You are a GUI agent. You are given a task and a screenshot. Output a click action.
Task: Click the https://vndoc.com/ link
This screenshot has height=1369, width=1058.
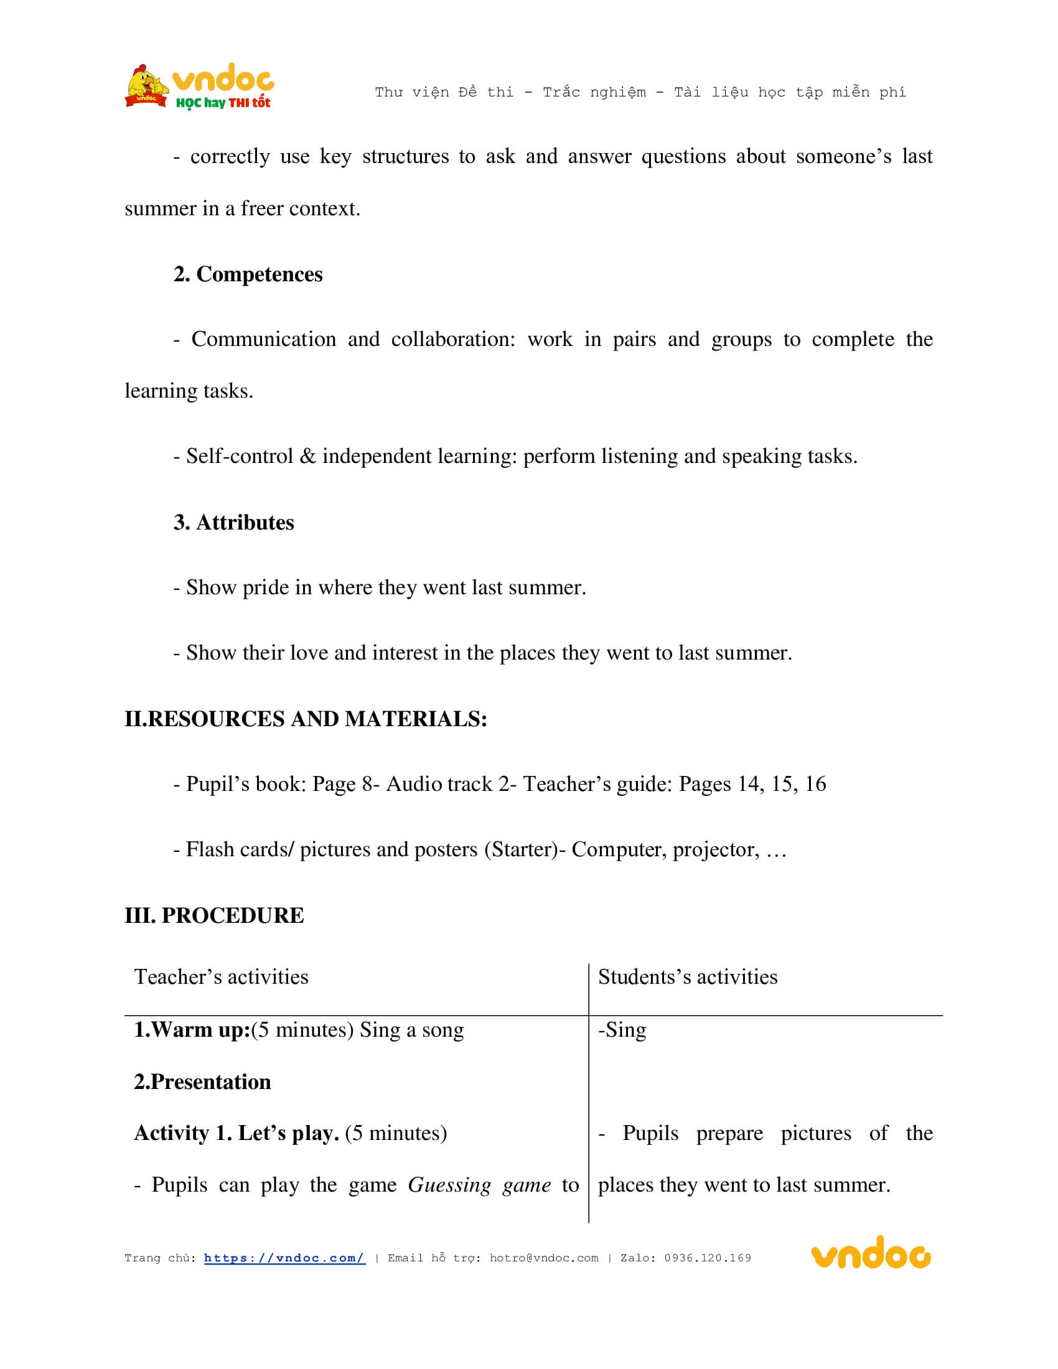coord(284,1258)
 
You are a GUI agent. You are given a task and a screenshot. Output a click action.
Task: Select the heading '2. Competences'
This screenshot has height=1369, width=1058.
coord(248,274)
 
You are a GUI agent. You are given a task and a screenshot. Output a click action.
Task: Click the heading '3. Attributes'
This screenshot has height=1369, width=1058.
coord(234,523)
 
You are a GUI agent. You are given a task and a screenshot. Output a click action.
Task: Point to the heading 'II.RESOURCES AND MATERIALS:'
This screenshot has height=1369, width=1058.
coord(306,719)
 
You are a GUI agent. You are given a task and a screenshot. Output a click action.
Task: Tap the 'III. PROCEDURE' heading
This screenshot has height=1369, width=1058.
coord(214,916)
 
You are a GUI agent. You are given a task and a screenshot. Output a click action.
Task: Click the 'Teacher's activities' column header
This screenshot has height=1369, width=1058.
coord(222,977)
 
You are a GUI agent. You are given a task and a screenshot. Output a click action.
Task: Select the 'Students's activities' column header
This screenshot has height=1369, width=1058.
coord(688,977)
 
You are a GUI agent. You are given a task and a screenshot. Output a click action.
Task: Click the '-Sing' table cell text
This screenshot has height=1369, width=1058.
coord(622,1030)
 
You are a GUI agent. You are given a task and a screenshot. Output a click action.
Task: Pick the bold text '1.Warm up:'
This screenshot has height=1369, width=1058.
coord(192,1030)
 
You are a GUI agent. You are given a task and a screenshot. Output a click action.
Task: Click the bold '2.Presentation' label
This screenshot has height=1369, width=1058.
coord(202,1082)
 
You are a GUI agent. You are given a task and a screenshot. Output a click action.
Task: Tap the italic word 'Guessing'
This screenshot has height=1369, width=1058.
coord(449,1185)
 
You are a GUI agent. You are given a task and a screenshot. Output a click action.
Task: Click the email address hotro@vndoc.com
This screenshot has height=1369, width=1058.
coord(543,1258)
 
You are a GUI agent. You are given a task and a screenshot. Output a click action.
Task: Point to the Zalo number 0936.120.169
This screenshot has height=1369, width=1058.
coord(708,1258)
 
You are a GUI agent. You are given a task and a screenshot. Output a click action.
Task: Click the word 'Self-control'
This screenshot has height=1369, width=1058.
coord(240,456)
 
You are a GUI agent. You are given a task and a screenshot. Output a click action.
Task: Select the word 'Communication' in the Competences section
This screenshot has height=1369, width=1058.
coord(263,339)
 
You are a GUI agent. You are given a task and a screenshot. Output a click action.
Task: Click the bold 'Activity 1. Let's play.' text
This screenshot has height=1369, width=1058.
coord(236,1133)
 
